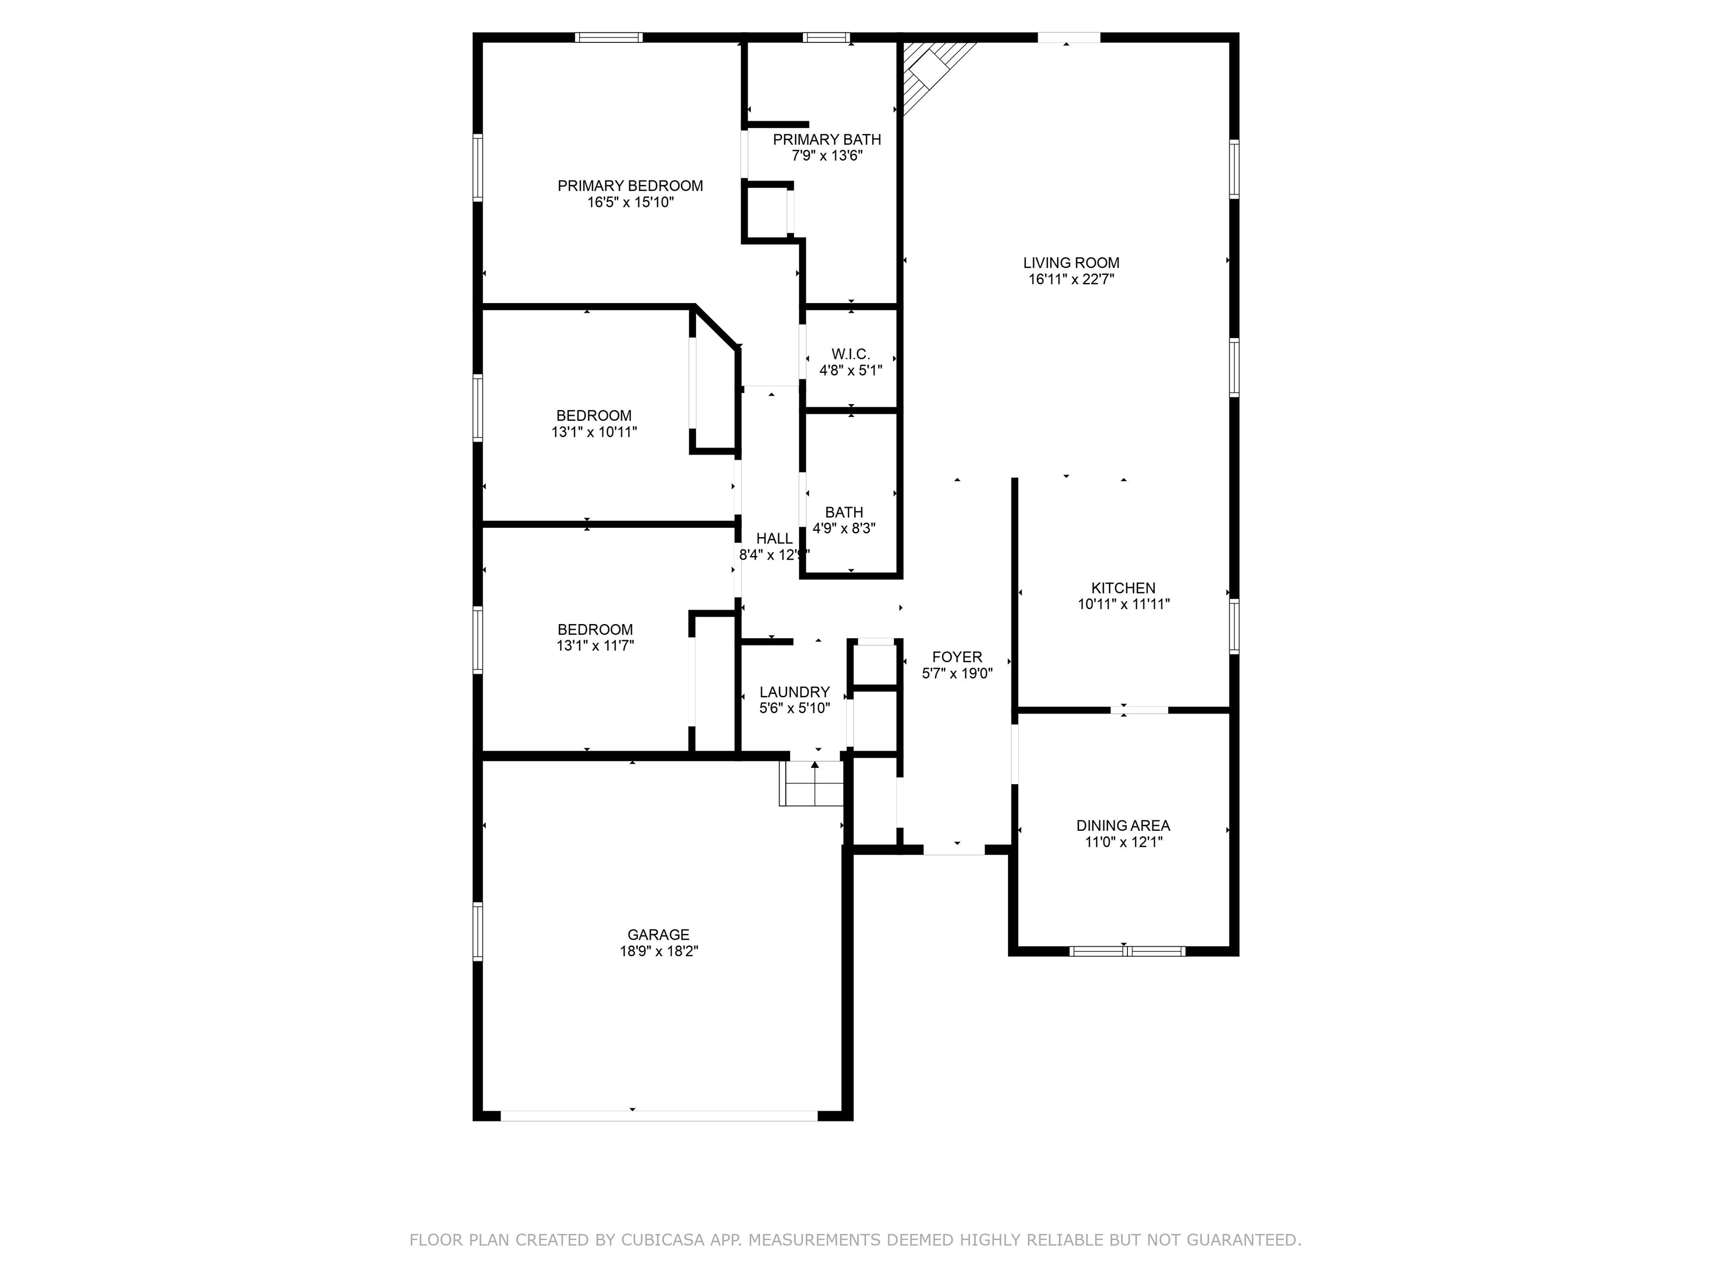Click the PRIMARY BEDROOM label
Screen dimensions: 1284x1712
click(x=630, y=186)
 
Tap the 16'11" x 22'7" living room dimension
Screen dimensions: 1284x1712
click(x=1071, y=279)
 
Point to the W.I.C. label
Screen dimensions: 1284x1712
click(x=850, y=354)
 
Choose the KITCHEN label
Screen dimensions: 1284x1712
click(x=1123, y=588)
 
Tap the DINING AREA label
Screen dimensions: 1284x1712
click(x=1123, y=826)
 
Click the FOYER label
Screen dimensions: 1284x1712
click(x=957, y=657)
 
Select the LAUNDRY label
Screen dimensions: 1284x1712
click(x=794, y=692)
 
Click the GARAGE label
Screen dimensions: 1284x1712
click(x=658, y=935)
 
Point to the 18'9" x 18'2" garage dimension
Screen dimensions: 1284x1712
click(x=659, y=951)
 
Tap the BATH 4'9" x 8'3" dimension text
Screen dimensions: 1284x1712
click(x=844, y=529)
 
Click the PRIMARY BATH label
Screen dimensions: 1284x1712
click(x=826, y=139)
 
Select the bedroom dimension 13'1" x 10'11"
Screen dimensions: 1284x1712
click(x=594, y=432)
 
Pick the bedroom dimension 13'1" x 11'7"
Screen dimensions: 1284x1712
click(x=595, y=645)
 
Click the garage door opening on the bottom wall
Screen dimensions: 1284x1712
click(x=659, y=1115)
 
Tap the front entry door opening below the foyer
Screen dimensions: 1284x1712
click(x=954, y=849)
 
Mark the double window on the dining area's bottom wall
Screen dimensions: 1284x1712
click(x=1127, y=950)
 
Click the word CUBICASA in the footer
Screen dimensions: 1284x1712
click(x=662, y=1240)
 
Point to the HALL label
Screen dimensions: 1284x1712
click(x=774, y=539)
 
